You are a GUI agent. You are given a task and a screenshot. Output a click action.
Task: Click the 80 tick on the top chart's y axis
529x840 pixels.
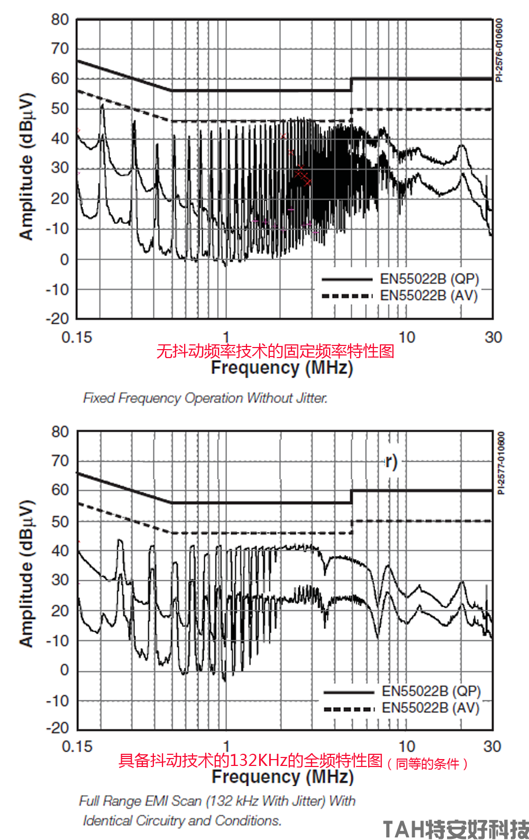click(x=60, y=20)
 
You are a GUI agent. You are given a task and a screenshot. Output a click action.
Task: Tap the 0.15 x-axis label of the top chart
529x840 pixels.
click(x=77, y=337)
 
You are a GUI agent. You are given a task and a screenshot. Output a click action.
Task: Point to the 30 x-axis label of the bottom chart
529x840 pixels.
click(x=492, y=746)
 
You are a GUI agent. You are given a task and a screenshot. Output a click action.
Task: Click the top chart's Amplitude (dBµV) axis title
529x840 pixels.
click(x=26, y=167)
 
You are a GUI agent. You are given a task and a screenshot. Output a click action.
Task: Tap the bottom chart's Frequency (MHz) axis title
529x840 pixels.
click(x=282, y=777)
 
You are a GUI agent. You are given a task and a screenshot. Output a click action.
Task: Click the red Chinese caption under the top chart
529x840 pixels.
click(x=275, y=351)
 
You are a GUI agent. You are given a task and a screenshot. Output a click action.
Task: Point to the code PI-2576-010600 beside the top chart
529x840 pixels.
click(x=499, y=50)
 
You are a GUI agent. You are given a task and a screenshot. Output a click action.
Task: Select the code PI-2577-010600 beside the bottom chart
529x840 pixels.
click(x=501, y=463)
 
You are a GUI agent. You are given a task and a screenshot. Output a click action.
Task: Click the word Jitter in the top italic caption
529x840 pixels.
click(x=312, y=398)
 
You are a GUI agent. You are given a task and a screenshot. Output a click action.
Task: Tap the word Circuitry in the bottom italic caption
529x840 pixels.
click(x=159, y=820)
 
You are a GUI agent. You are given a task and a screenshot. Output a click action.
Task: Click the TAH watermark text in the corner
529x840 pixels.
click(x=455, y=828)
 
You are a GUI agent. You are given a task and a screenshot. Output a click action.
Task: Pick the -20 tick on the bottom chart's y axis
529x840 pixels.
click(x=58, y=728)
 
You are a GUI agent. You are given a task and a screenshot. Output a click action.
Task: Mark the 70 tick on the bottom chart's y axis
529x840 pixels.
click(x=60, y=461)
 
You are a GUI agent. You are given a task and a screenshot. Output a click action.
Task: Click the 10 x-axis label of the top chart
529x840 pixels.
click(x=406, y=337)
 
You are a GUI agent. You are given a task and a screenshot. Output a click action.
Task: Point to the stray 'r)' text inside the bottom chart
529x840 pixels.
click(x=391, y=462)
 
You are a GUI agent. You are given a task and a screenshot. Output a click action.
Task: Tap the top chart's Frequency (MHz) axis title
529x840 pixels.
click(x=282, y=367)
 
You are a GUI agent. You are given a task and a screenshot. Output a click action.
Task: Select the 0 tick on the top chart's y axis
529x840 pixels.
click(x=64, y=259)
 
